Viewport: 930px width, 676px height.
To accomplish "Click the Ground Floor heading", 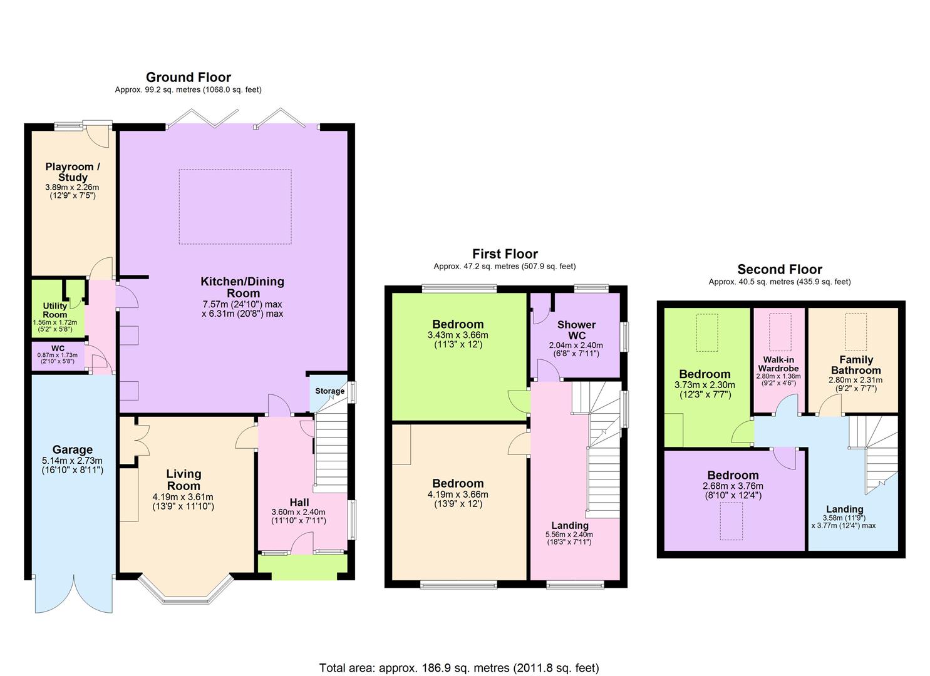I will [x=188, y=78].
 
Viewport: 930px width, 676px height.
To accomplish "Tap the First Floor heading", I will [x=505, y=253].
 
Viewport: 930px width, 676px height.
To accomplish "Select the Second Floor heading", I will [x=779, y=270].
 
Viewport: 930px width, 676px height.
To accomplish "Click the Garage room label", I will [x=73, y=449].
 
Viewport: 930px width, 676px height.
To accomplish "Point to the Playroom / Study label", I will [x=73, y=172].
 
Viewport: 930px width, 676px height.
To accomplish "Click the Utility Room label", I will [x=54, y=310].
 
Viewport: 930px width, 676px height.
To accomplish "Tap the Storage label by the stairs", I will [x=329, y=391].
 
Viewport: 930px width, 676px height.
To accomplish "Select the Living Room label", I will [x=183, y=479].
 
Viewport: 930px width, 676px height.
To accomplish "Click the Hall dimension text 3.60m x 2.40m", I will [x=299, y=512].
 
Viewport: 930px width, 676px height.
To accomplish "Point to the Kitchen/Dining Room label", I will [x=242, y=287].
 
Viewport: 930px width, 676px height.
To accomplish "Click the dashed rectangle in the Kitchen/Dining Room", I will [x=235, y=207].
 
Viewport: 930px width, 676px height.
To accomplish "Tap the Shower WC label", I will [x=576, y=330].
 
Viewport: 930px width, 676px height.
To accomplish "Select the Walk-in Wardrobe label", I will [x=778, y=364].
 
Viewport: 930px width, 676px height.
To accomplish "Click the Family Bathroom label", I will [x=855, y=365].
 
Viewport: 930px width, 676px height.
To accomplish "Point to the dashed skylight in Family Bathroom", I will [x=855, y=332].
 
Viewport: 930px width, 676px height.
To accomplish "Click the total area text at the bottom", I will [x=459, y=668].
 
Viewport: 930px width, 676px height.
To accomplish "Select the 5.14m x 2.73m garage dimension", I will [x=73, y=460].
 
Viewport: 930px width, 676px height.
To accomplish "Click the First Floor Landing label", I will [x=569, y=525].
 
